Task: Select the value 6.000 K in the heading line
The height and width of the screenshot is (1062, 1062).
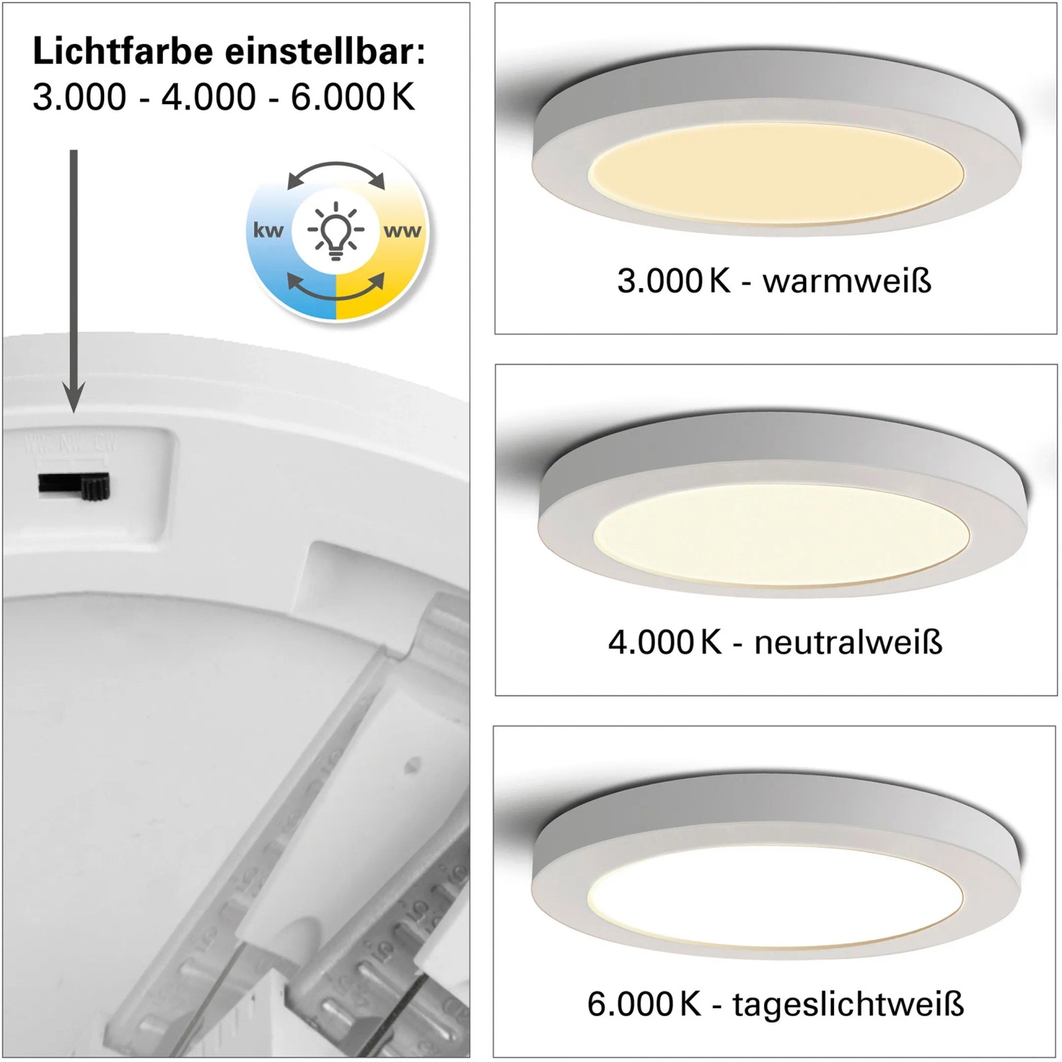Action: pyautogui.click(x=353, y=96)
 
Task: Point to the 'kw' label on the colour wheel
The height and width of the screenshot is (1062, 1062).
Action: pyautogui.click(x=268, y=230)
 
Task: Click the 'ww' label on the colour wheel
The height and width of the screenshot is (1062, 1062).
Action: pyautogui.click(x=402, y=231)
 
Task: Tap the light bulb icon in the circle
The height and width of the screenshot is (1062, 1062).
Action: pyautogui.click(x=336, y=230)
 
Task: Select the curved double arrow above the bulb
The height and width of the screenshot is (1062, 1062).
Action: pyautogui.click(x=336, y=173)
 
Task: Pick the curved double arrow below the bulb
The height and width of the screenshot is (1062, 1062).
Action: pyautogui.click(x=336, y=287)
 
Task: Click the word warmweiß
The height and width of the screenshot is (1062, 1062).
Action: pyautogui.click(x=847, y=281)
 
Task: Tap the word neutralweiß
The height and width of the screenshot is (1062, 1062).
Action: pyautogui.click(x=848, y=642)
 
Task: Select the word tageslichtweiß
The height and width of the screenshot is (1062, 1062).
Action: pyautogui.click(x=848, y=1004)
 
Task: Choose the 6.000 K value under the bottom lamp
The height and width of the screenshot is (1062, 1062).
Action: pyautogui.click(x=644, y=1004)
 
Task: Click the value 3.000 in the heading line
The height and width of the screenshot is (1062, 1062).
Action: pyautogui.click(x=79, y=96)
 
